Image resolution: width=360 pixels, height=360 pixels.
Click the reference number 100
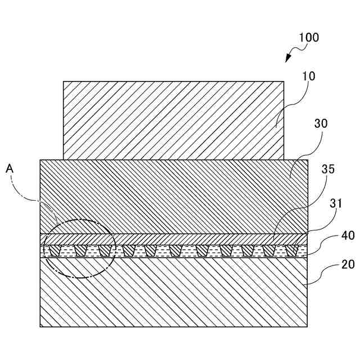(x=309, y=38)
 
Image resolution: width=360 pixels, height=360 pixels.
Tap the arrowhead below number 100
(x=289, y=58)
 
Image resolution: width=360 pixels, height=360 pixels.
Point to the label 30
(x=321, y=123)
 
